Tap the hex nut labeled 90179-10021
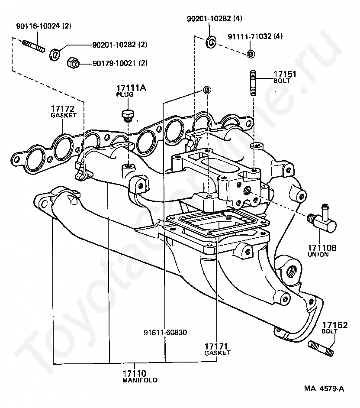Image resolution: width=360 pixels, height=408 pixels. point(72,62)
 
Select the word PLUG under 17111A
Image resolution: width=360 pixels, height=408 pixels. point(124,94)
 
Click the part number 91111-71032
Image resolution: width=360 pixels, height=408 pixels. point(249,37)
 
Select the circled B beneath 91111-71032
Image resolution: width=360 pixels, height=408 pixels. point(251,54)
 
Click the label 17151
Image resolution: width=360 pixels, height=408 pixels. point(284,74)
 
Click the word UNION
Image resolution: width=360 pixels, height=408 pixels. point(318,255)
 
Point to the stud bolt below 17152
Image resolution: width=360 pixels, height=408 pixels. point(321,347)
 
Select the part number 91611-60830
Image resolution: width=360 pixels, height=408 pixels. point(165,333)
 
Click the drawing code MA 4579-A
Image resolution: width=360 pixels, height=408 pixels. point(324,389)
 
